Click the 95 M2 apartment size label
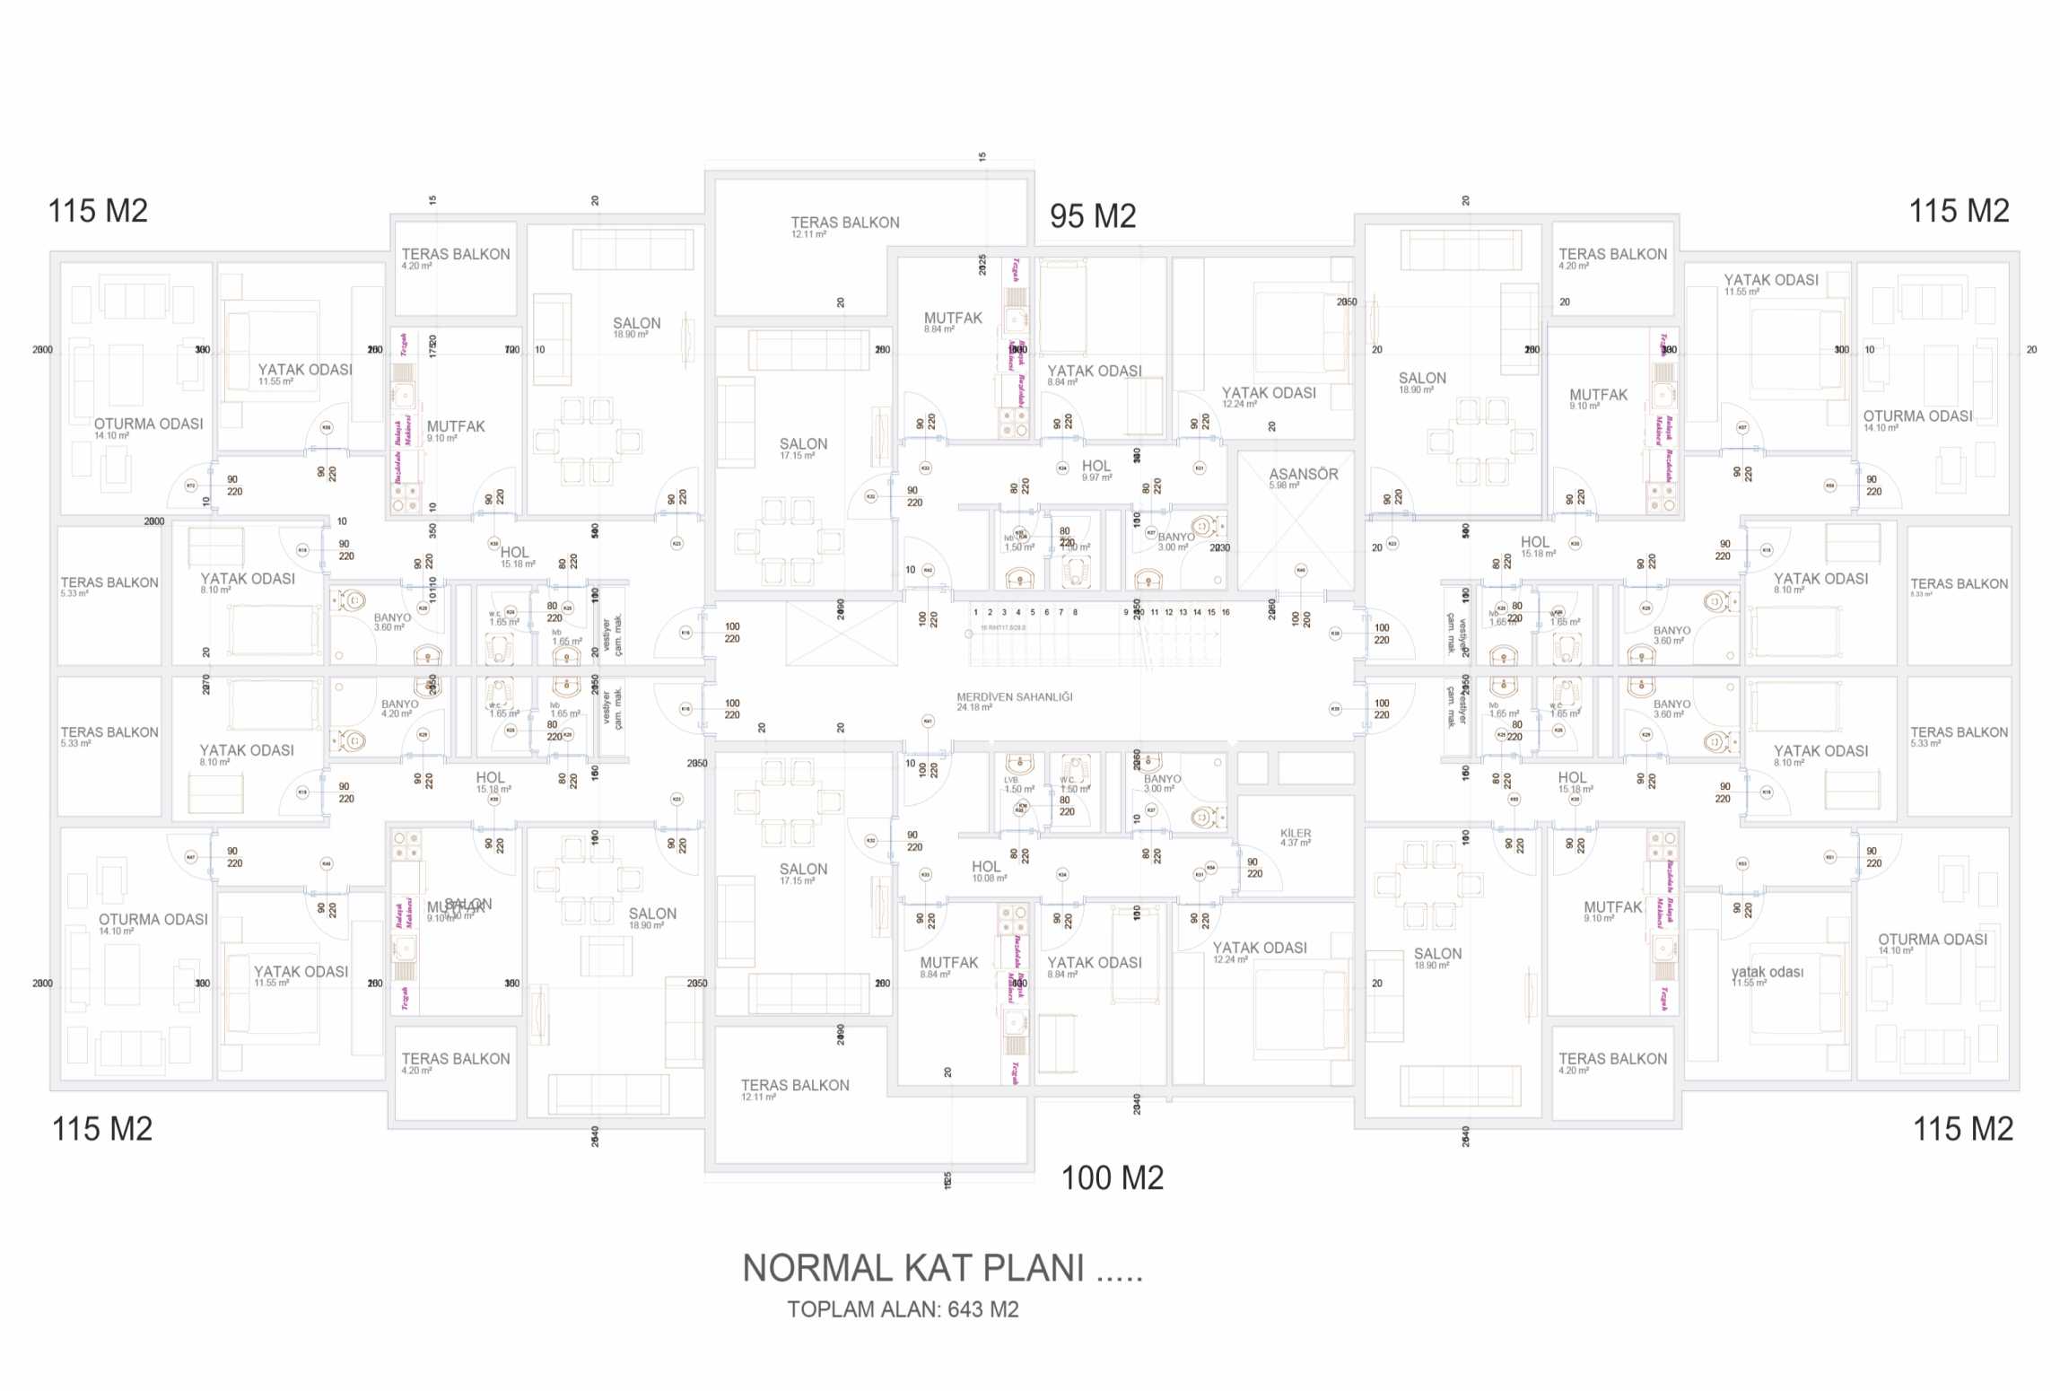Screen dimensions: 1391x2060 pos(1093,216)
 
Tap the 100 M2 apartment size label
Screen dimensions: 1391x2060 pos(1112,1178)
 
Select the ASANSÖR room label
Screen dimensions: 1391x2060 pos(1303,474)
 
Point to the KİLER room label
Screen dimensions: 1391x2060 pos(1296,833)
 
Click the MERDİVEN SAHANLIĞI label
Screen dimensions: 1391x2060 pos(1014,696)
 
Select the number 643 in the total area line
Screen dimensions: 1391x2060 pos(965,1309)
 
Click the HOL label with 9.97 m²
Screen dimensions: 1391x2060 pos(1096,466)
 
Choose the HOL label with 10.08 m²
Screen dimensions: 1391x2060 pos(986,866)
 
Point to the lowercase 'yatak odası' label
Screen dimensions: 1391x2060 pos(1767,972)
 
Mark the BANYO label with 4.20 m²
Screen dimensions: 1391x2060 pos(399,704)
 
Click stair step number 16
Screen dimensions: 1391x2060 pos(1226,612)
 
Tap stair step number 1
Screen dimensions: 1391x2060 pos(975,612)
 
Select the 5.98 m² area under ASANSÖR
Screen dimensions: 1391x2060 pos(1284,486)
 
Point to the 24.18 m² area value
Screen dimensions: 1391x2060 pos(973,707)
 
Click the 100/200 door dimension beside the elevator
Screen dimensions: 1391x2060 pos(1301,618)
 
